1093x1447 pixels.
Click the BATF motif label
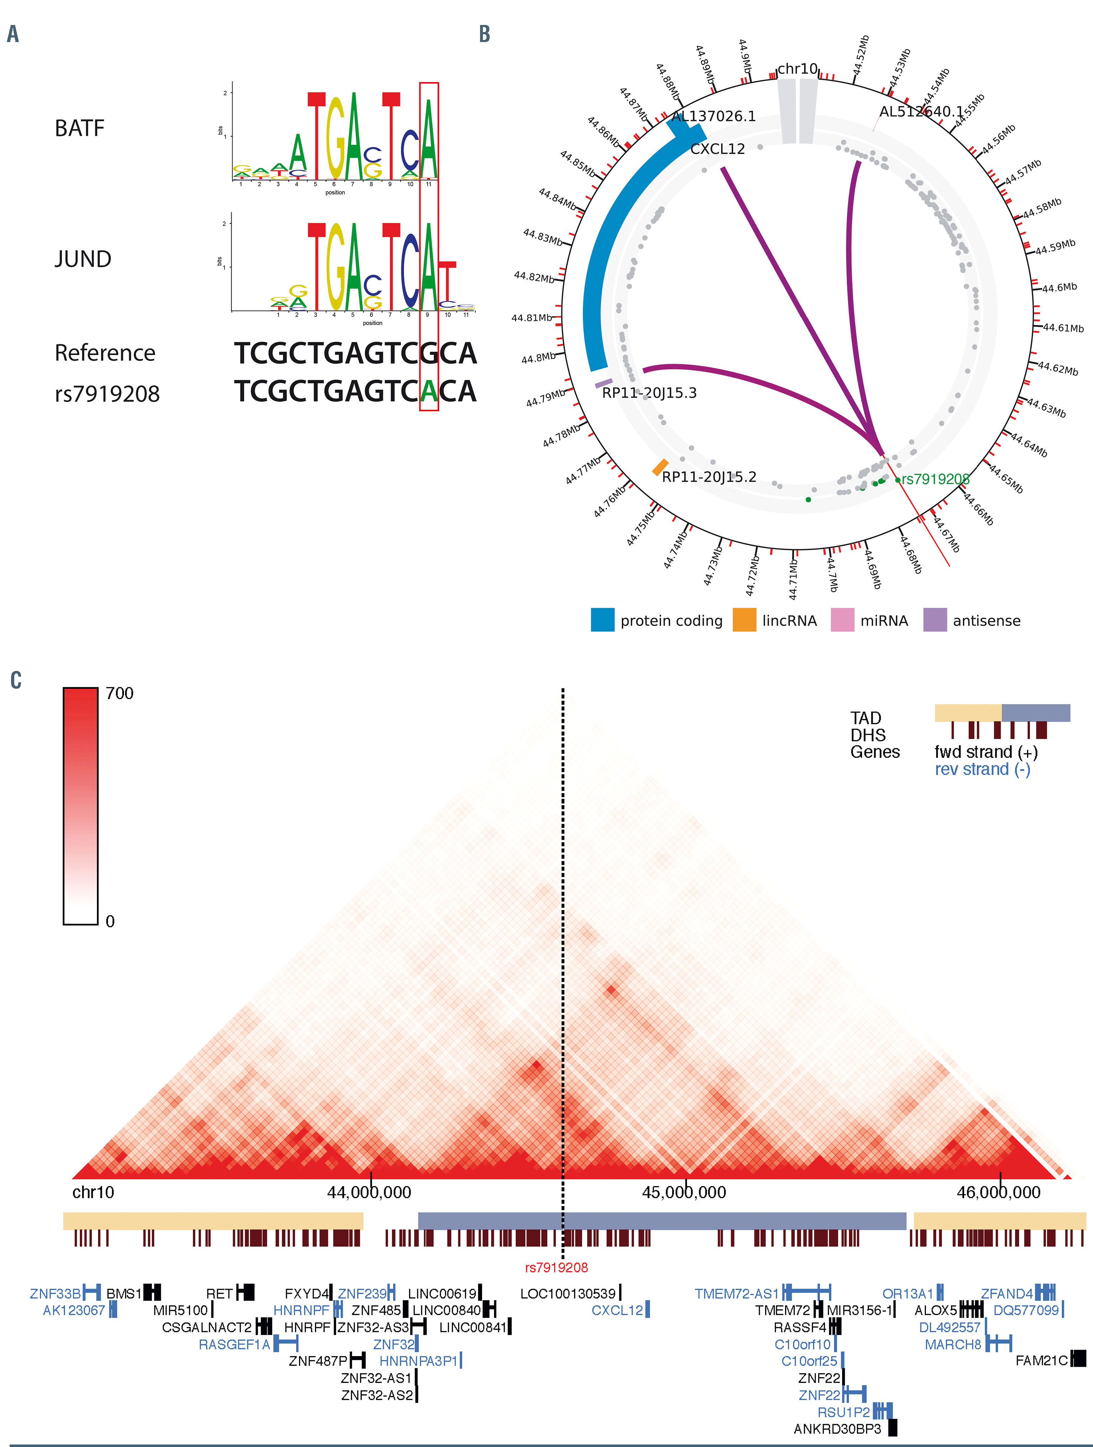(x=79, y=128)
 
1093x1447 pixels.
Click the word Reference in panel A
(x=105, y=353)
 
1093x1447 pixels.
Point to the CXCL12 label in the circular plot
(x=717, y=149)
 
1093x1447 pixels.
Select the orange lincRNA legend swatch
(x=744, y=620)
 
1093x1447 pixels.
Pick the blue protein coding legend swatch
(x=602, y=620)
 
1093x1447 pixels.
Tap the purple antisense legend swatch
(x=935, y=620)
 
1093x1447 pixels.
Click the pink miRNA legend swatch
(x=842, y=620)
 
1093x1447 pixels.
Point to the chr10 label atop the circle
(x=797, y=69)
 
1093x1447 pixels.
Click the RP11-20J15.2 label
(x=709, y=477)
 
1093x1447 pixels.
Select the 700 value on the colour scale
(x=120, y=693)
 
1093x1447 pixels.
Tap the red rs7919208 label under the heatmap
(x=556, y=1268)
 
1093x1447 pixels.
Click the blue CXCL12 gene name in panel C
(x=617, y=1310)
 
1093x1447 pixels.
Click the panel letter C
(x=16, y=680)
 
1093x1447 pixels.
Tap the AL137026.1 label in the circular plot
(x=713, y=117)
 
